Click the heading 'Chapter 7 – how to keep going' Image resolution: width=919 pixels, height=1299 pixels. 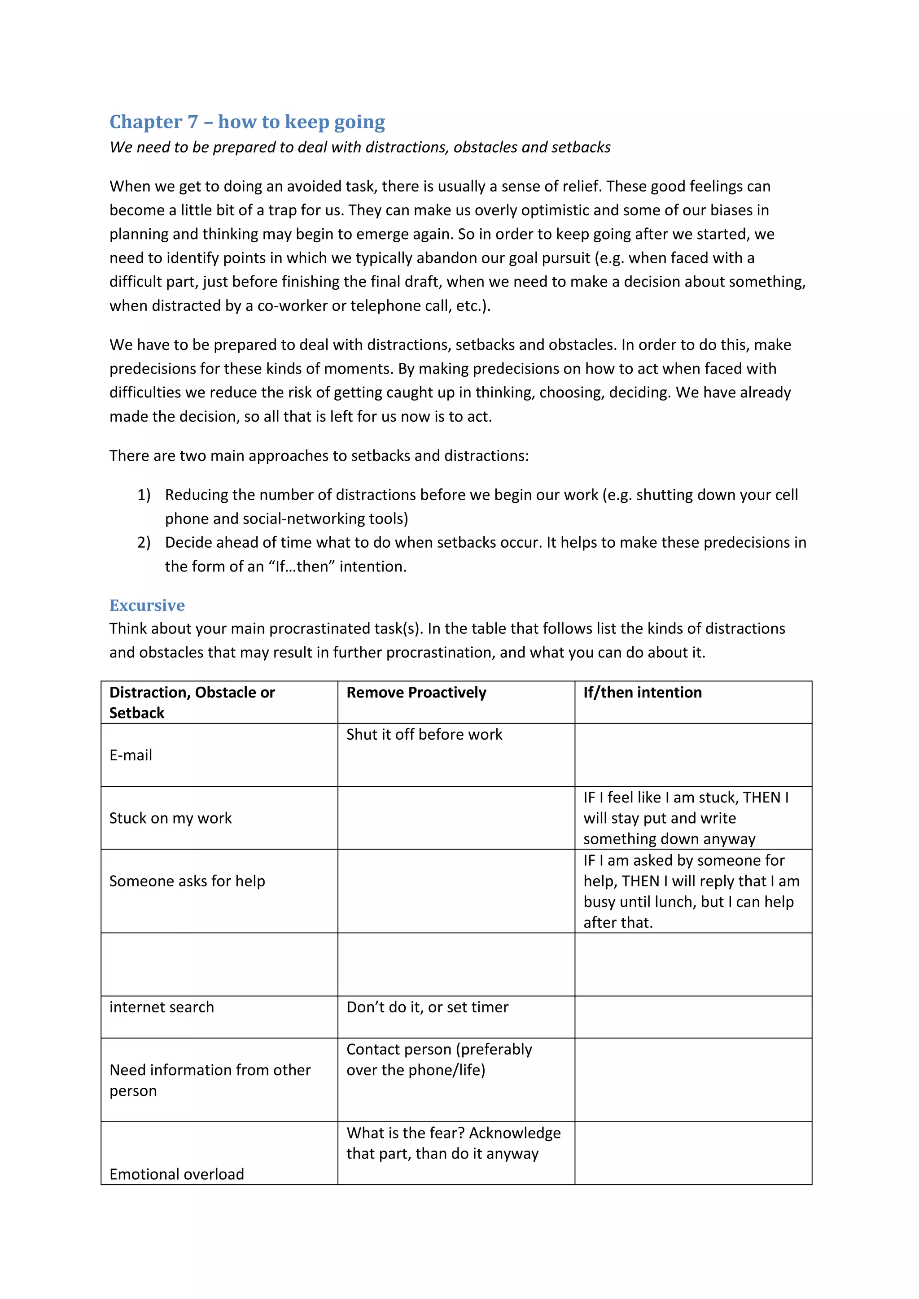click(x=247, y=122)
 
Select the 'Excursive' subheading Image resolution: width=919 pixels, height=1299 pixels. click(x=147, y=606)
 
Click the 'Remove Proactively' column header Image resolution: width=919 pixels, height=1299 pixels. click(x=416, y=693)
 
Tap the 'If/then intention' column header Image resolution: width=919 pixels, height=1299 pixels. click(x=642, y=693)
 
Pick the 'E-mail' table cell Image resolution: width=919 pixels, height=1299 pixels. click(x=131, y=755)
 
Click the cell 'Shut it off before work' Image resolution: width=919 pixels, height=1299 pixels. click(x=424, y=734)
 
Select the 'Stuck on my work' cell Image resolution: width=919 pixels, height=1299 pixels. click(x=171, y=818)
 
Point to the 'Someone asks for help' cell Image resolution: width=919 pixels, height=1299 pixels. click(x=187, y=881)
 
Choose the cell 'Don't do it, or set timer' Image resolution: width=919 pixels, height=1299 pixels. click(x=427, y=1007)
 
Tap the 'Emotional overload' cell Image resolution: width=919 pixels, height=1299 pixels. click(x=176, y=1174)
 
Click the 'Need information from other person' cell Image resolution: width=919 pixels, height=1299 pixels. click(x=210, y=1080)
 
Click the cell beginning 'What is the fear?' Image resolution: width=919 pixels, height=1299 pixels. click(x=453, y=1143)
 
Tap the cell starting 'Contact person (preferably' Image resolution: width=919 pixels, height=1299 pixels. click(x=439, y=1059)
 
